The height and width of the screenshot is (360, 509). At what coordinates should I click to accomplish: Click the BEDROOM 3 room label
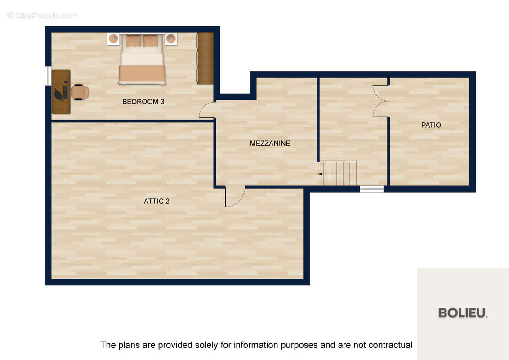tap(143, 102)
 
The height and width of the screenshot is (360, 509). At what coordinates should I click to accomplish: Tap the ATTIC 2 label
tap(156, 202)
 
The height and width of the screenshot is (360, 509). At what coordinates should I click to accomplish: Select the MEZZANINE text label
tap(270, 143)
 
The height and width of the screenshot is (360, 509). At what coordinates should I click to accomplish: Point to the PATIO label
tap(431, 125)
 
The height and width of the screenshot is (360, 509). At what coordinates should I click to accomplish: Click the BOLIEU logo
tap(463, 313)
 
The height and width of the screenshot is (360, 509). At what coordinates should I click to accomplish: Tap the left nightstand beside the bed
tap(113, 39)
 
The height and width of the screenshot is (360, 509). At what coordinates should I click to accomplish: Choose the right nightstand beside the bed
tap(171, 39)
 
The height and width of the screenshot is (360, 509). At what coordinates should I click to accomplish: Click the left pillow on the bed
tap(134, 41)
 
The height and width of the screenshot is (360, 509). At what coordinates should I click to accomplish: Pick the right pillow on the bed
tap(151, 41)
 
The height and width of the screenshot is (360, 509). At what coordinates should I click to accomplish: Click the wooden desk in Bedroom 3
tap(61, 92)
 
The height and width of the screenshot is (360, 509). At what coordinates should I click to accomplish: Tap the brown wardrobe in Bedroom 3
tap(205, 58)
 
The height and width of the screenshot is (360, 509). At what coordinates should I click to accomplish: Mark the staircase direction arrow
tap(320, 174)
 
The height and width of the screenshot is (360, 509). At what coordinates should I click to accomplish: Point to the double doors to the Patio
tap(380, 101)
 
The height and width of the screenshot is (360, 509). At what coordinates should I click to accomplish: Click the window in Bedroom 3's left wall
tap(48, 76)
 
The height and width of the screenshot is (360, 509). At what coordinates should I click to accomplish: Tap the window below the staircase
tap(372, 189)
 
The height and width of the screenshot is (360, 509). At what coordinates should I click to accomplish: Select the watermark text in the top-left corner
tap(43, 15)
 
